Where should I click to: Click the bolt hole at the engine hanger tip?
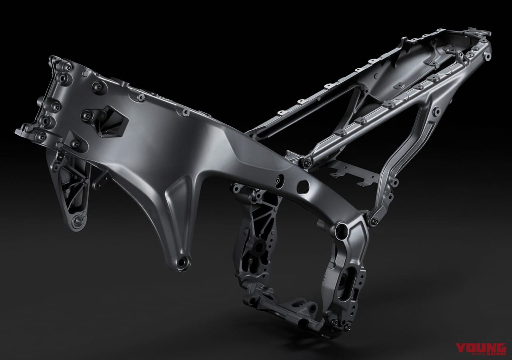tap(184, 262)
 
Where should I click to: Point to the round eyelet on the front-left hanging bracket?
tap(75, 220)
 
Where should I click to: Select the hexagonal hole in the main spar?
tap(303, 186)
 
